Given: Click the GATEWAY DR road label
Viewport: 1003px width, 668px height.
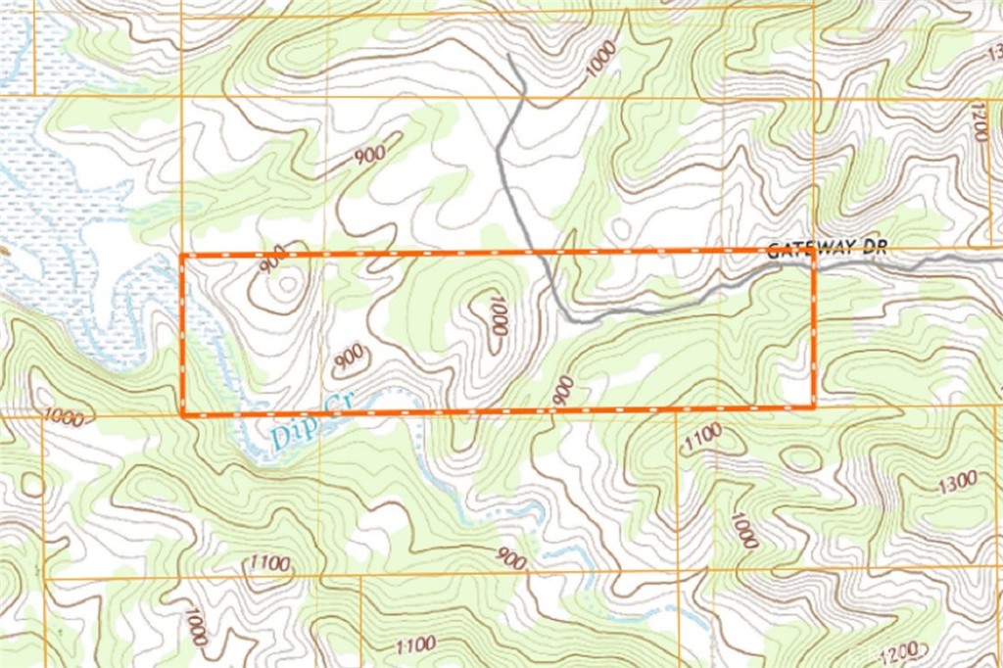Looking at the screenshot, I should pos(827,249).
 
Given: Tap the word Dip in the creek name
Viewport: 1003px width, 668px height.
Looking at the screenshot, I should pos(289,432).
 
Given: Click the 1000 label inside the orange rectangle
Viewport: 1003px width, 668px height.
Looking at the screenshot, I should pos(498,315).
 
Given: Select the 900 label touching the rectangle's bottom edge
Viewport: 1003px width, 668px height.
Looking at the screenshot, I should pos(563,390).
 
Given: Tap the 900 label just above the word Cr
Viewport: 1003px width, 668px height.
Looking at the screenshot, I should pos(349,358).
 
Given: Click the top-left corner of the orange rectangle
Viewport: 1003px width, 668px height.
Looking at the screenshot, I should pos(183,255).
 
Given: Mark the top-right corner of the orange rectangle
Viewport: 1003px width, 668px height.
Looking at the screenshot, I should pos(814,251).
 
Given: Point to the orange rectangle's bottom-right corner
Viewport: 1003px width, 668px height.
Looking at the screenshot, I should pos(815,406).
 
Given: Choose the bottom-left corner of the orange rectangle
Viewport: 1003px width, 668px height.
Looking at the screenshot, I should pos(183,414).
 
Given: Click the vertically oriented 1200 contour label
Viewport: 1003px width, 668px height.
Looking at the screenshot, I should pos(979,119).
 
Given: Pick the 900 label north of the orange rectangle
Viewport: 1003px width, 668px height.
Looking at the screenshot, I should pos(370,153).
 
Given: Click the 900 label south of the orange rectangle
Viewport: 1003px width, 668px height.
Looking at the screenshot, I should pos(510,559).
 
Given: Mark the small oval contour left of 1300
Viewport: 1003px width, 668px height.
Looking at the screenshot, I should pos(802,457).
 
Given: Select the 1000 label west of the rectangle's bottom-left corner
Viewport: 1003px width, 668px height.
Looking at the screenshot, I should pos(63,418).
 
